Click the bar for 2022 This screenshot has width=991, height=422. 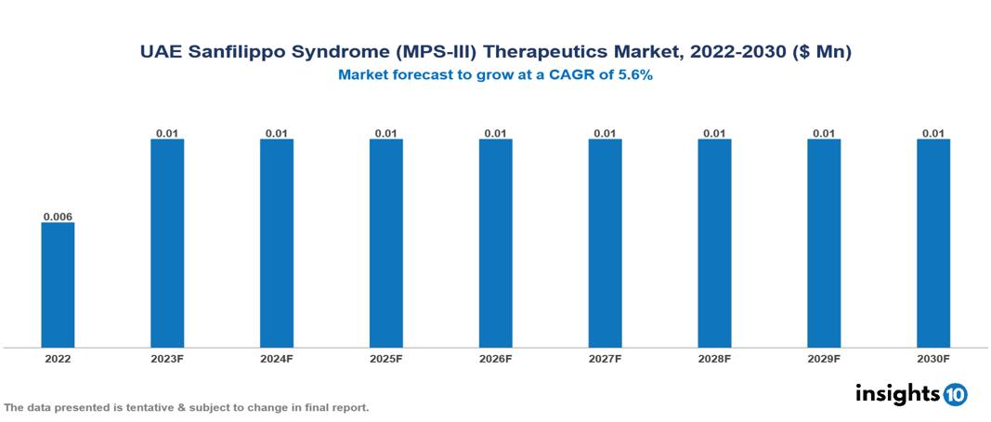click(x=58, y=284)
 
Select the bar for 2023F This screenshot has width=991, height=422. click(x=167, y=244)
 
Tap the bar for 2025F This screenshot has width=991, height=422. click(x=385, y=244)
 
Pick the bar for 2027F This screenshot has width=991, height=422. click(x=605, y=244)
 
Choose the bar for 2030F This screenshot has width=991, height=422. click(x=933, y=244)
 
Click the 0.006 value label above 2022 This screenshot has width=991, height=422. click(x=58, y=218)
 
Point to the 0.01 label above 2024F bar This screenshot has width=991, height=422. click(x=277, y=134)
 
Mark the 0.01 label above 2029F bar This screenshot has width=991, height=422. click(x=824, y=134)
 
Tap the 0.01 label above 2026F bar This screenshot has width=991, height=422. click(x=495, y=134)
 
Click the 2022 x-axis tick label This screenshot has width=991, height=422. click(x=58, y=359)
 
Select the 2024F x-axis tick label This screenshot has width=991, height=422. click(x=277, y=359)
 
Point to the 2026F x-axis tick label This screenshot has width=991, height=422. click(x=495, y=359)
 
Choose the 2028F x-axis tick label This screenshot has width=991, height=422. click(x=714, y=359)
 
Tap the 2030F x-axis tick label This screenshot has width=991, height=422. click(x=933, y=359)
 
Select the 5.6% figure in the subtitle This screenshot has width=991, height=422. click(x=632, y=75)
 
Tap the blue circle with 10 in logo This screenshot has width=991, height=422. click(x=955, y=395)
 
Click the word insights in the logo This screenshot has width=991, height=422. click(x=896, y=393)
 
